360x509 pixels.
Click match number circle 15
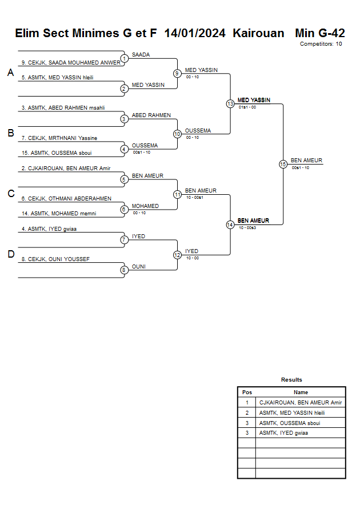[x=283, y=164]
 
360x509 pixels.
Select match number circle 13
[x=230, y=104]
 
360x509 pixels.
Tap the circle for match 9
[x=177, y=73]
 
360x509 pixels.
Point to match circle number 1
[x=124, y=58]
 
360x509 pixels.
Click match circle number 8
[x=124, y=270]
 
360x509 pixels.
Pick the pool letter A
[x=10, y=73]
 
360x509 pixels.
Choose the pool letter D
[x=10, y=255]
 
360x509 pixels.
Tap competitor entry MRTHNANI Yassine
[x=59, y=138]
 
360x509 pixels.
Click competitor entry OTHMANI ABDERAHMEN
[x=66, y=199]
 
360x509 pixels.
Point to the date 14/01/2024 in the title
[x=195, y=33]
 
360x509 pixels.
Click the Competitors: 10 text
[x=321, y=44]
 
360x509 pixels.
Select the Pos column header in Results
[x=247, y=392]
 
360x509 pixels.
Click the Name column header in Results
[x=301, y=392]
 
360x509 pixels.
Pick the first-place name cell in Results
[x=301, y=403]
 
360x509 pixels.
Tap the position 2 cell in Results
[x=247, y=412]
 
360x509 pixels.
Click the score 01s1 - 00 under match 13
[x=247, y=107]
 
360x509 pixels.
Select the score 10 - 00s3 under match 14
[x=247, y=228]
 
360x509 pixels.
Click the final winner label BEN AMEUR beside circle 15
[x=306, y=161]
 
